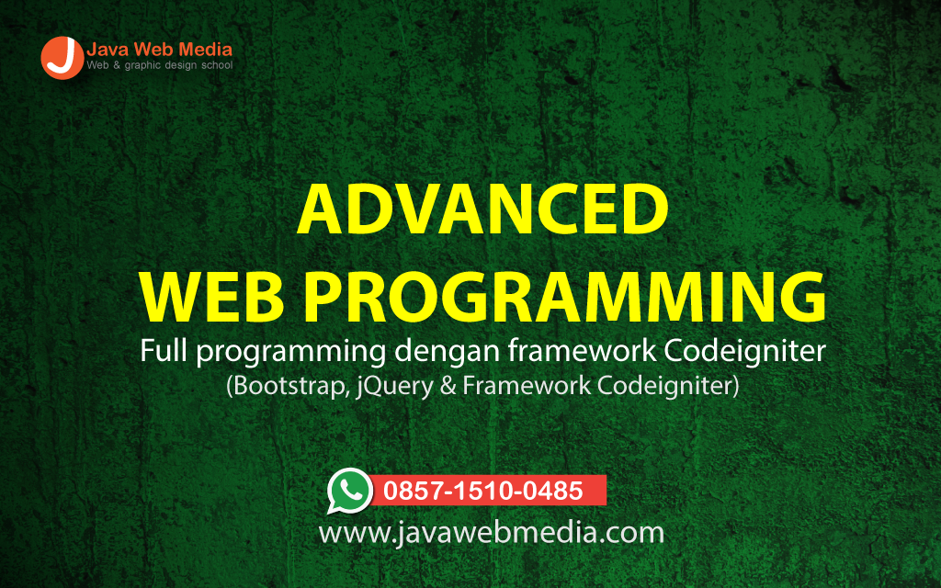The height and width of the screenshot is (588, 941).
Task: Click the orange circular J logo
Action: point(62,58)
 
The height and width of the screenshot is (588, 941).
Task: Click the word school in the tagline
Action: point(217,65)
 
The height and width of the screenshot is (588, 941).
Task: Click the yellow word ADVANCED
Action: point(482,209)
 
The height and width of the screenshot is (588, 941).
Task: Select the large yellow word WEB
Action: point(212,297)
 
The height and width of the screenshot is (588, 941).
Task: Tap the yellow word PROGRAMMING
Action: point(565,297)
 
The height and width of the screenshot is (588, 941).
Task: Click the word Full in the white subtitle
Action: point(164,351)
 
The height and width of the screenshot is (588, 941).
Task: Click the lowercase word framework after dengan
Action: point(582,351)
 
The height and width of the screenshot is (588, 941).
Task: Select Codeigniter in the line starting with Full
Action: point(744,352)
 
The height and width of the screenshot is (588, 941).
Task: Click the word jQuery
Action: point(395,387)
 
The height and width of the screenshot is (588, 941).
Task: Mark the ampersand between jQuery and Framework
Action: point(448,386)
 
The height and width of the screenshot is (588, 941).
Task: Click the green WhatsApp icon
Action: point(350,491)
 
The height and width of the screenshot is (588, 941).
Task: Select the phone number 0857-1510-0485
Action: point(483,491)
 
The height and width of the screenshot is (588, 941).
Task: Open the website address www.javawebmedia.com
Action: point(492,532)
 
